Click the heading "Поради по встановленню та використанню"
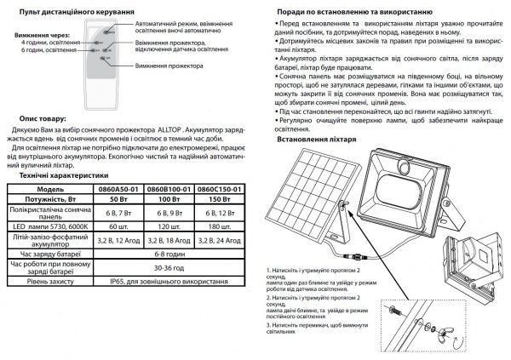[360, 14]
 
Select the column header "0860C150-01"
[221, 187]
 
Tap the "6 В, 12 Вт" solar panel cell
[221, 212]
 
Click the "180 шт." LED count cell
[221, 226]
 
